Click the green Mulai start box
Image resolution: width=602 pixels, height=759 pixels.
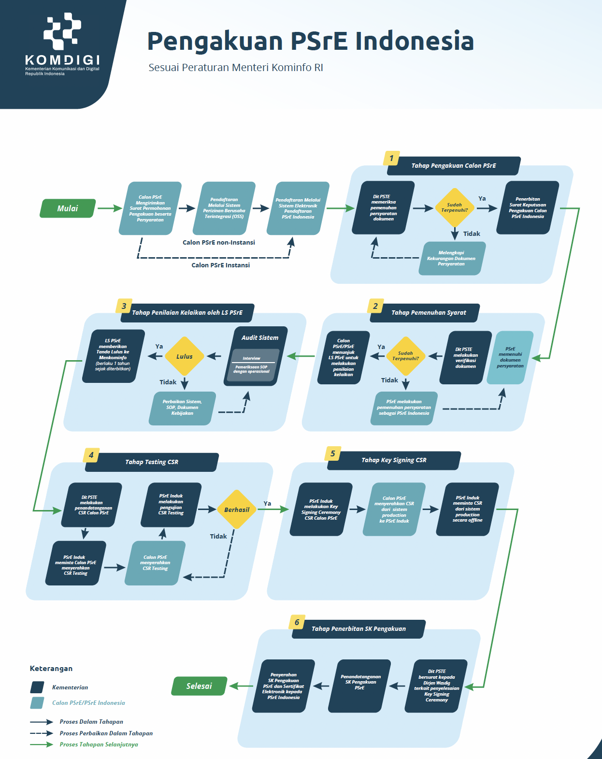click(x=68, y=208)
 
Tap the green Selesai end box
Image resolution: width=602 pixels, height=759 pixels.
click(x=199, y=686)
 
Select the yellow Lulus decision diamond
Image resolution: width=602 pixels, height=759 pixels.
click(x=185, y=356)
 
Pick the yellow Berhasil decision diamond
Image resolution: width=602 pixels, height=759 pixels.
click(x=237, y=509)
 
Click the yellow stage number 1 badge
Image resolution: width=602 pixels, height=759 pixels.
click(x=391, y=159)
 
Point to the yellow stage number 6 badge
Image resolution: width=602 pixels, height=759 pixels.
click(x=297, y=622)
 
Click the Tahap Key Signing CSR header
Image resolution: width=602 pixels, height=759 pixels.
click(x=394, y=460)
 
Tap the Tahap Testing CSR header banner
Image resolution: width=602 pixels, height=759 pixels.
click(x=152, y=462)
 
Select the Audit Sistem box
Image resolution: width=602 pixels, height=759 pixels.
click(x=256, y=356)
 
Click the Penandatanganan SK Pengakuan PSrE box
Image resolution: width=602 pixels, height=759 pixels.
click(x=359, y=686)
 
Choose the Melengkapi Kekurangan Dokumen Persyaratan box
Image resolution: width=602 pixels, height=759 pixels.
click(x=452, y=258)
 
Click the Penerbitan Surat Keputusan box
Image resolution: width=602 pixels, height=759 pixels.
click(x=528, y=208)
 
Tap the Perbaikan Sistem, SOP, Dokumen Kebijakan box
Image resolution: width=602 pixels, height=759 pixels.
click(x=182, y=408)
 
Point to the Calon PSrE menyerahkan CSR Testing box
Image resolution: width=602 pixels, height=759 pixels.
click(x=155, y=563)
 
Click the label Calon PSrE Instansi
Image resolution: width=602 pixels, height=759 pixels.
click(x=221, y=265)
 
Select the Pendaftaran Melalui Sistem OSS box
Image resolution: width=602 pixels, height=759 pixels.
click(x=224, y=208)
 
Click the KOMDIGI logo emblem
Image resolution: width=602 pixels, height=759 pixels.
click(x=62, y=31)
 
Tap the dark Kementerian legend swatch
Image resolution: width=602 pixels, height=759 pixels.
click(x=37, y=687)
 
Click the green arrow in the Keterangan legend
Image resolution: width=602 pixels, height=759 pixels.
click(x=42, y=744)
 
